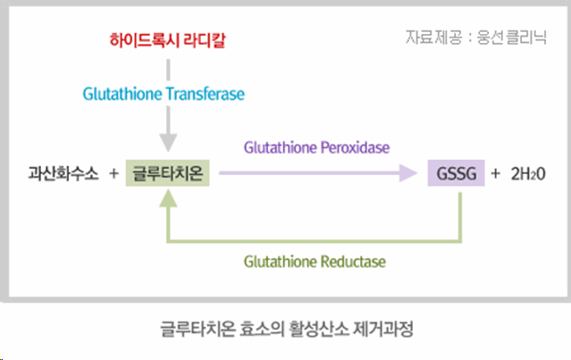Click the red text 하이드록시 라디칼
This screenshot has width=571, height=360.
(x=166, y=40)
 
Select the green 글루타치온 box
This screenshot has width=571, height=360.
(x=168, y=173)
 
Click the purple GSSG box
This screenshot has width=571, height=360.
(x=457, y=173)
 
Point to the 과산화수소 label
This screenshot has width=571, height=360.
(x=63, y=173)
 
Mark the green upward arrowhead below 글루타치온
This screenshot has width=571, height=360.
(x=167, y=201)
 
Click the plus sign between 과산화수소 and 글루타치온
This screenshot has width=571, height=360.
(x=113, y=173)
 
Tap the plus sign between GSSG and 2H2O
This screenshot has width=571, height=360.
(x=496, y=173)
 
